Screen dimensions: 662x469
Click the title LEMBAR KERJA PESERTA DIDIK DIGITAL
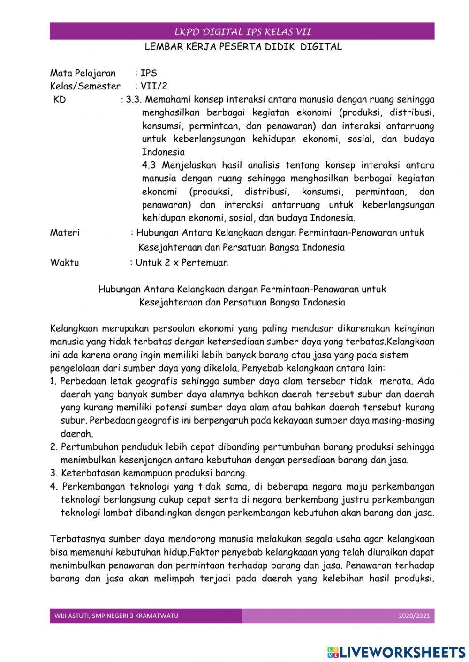(243, 47)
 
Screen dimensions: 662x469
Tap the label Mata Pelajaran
(83, 73)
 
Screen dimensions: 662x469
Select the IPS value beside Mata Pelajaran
(149, 73)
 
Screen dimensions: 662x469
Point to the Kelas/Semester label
(85, 86)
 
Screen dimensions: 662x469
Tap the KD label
(60, 100)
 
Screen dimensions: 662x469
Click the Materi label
(65, 233)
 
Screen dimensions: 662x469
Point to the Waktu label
(64, 263)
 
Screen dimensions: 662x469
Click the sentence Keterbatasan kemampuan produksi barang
(154, 473)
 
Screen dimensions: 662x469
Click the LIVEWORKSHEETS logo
(396, 652)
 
